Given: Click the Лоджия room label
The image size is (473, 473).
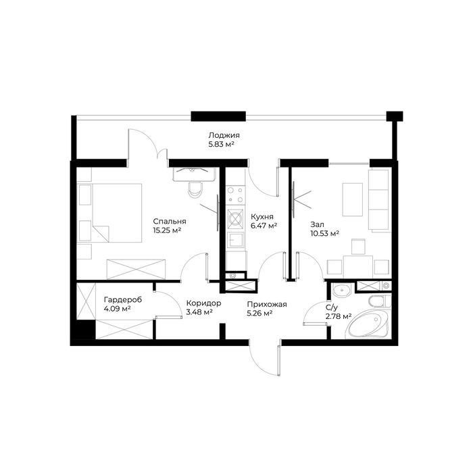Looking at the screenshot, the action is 224,135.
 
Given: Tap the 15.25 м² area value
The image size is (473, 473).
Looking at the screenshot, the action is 167,231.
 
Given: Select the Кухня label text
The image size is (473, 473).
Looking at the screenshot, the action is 262,217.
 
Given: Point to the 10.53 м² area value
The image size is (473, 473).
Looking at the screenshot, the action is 324,234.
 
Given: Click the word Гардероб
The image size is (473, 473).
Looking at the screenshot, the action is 123,300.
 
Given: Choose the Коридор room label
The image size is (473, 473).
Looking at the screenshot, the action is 203,303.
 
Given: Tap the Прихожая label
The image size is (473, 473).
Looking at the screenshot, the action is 267,305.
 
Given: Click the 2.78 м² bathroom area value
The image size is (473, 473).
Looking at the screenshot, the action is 339,316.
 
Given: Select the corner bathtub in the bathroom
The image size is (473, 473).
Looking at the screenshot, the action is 369,324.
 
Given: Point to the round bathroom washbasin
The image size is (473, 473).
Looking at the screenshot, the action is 341,291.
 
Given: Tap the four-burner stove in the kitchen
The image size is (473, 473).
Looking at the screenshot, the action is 236,195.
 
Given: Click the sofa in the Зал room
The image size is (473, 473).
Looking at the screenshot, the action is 380,201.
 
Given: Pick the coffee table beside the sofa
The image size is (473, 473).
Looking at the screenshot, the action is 352,199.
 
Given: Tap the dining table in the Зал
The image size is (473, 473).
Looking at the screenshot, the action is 358,266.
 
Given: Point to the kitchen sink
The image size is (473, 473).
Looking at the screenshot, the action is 235,239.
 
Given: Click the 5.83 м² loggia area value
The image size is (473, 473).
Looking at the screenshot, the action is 222,144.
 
